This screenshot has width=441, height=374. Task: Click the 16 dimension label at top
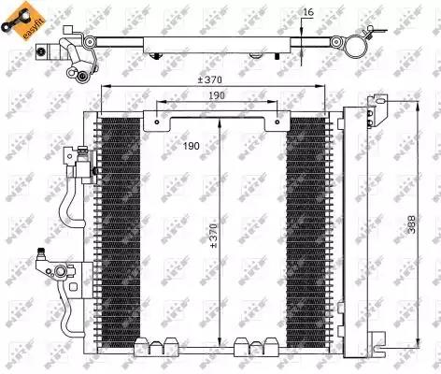(x=308, y=12)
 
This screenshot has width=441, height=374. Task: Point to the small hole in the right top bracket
(x=277, y=118)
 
